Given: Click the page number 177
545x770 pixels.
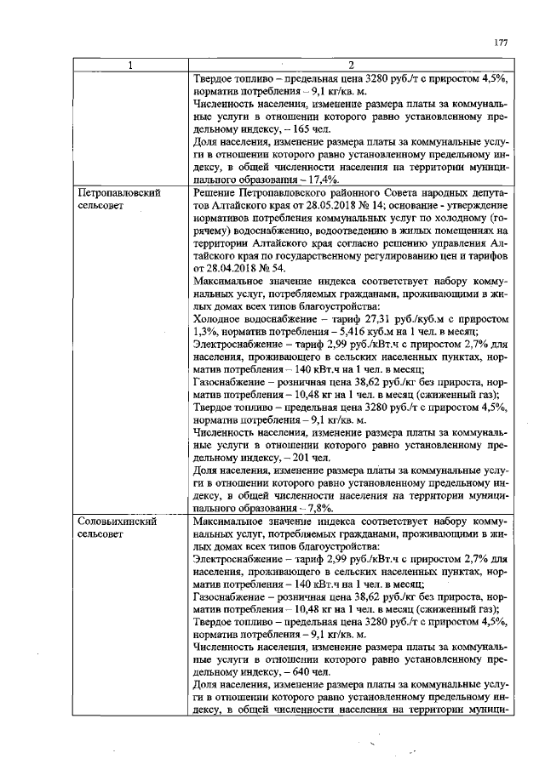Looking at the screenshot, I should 501,43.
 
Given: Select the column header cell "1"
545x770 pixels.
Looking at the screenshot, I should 130,65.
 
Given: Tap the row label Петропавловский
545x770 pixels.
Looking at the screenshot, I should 119,194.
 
